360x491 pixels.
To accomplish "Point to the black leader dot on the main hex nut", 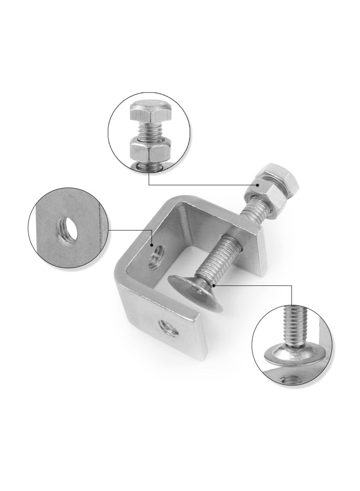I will click(257, 185).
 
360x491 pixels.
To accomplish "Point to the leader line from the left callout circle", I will click(130, 230).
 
